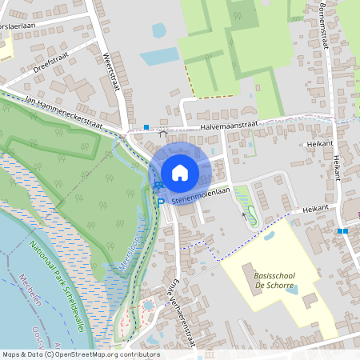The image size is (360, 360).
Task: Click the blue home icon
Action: pyautogui.click(x=180, y=172)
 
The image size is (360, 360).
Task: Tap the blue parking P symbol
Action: pyautogui.click(x=161, y=202)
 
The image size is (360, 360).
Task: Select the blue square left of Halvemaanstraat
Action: pyautogui.click(x=146, y=126)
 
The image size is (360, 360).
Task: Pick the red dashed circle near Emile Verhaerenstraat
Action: pyautogui.click(x=149, y=305)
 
